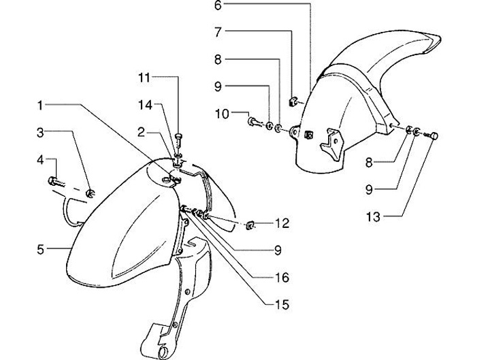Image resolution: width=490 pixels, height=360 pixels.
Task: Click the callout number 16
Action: (282, 278)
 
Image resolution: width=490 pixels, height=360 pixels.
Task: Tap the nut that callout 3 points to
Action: (90, 196)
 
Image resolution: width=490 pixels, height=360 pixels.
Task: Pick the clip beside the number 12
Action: (250, 223)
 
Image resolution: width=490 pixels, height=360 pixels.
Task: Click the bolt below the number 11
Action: (177, 140)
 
